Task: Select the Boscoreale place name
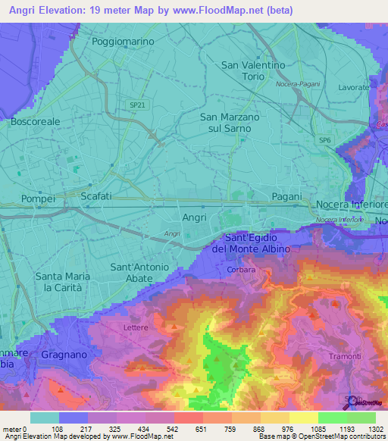pos(35,120)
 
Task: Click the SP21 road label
pos(137,105)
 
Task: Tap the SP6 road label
pos(324,140)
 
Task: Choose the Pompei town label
pos(39,198)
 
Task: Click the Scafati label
pos(96,196)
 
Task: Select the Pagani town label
pos(286,196)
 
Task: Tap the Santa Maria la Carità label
pos(63,282)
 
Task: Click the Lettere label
pos(137,327)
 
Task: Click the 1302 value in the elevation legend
pos(374,428)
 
